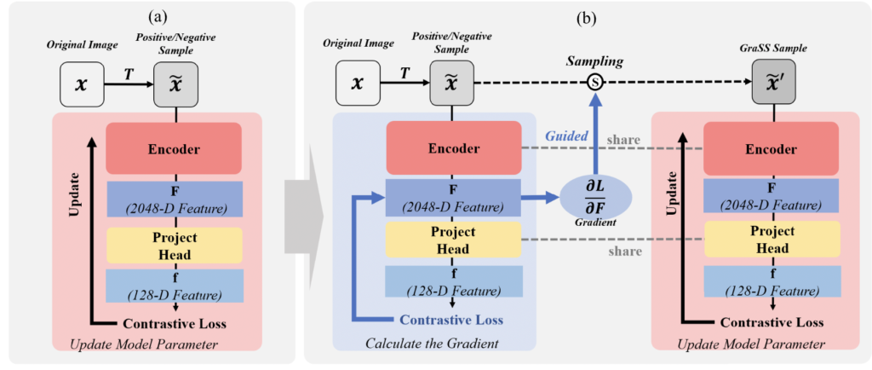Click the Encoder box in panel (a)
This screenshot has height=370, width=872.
point(175,149)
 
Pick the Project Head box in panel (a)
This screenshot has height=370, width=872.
point(175,245)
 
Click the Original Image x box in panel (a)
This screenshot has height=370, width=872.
point(82,85)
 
